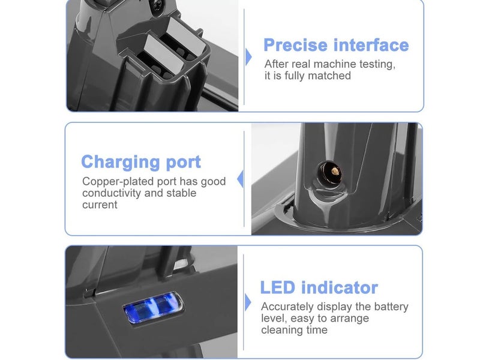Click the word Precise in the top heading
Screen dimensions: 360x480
tap(296, 45)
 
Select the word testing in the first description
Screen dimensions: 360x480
tap(375, 64)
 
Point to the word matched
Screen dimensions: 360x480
tap(330, 76)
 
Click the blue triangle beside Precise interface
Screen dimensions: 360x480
tap(248, 57)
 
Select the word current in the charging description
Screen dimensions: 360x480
tap(100, 205)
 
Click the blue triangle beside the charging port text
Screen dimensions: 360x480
tap(241, 179)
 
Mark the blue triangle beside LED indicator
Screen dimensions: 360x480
tap(248, 302)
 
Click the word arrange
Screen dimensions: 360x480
tap(349, 319)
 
